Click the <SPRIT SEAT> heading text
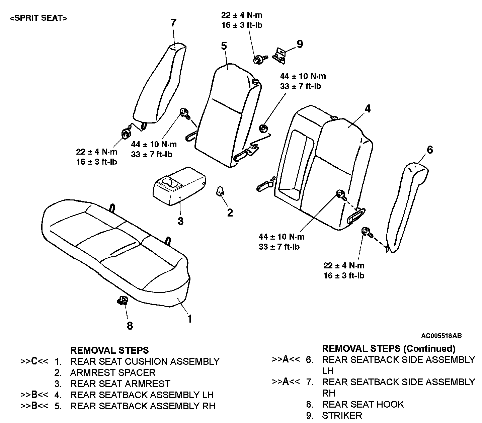click(x=38, y=18)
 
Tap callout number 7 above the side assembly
click(x=173, y=23)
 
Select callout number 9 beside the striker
click(x=300, y=44)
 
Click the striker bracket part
click(x=280, y=54)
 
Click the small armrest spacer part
click(x=221, y=191)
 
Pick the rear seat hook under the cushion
click(x=123, y=300)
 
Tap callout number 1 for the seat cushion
click(x=190, y=319)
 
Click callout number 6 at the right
click(x=430, y=150)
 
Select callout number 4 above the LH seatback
click(x=368, y=109)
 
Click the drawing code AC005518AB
click(x=441, y=336)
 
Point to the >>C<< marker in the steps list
click(x=34, y=361)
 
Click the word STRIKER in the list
click(x=342, y=415)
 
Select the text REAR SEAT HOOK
click(x=363, y=404)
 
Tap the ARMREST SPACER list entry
click(x=113, y=372)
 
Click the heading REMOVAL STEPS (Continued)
click(x=389, y=349)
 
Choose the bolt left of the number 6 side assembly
click(x=366, y=232)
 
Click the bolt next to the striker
click(x=258, y=60)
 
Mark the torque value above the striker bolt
click(x=241, y=20)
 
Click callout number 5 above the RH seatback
click(x=224, y=46)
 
